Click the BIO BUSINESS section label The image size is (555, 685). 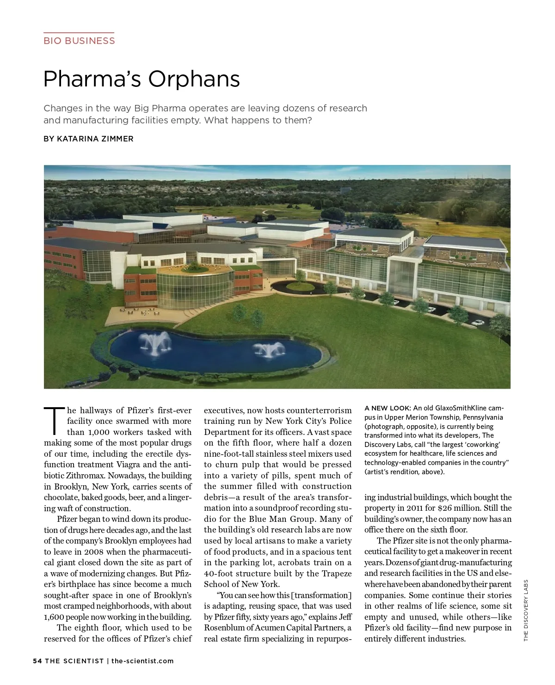(79, 41)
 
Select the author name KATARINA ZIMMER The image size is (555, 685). (95, 139)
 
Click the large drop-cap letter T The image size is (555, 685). (54, 421)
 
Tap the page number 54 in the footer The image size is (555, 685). (37, 661)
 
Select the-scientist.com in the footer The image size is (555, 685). (142, 661)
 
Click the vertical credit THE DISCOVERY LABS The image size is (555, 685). (526, 610)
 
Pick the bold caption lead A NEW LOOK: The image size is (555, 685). (388, 408)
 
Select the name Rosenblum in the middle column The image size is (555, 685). (226, 628)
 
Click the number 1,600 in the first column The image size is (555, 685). (55, 617)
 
